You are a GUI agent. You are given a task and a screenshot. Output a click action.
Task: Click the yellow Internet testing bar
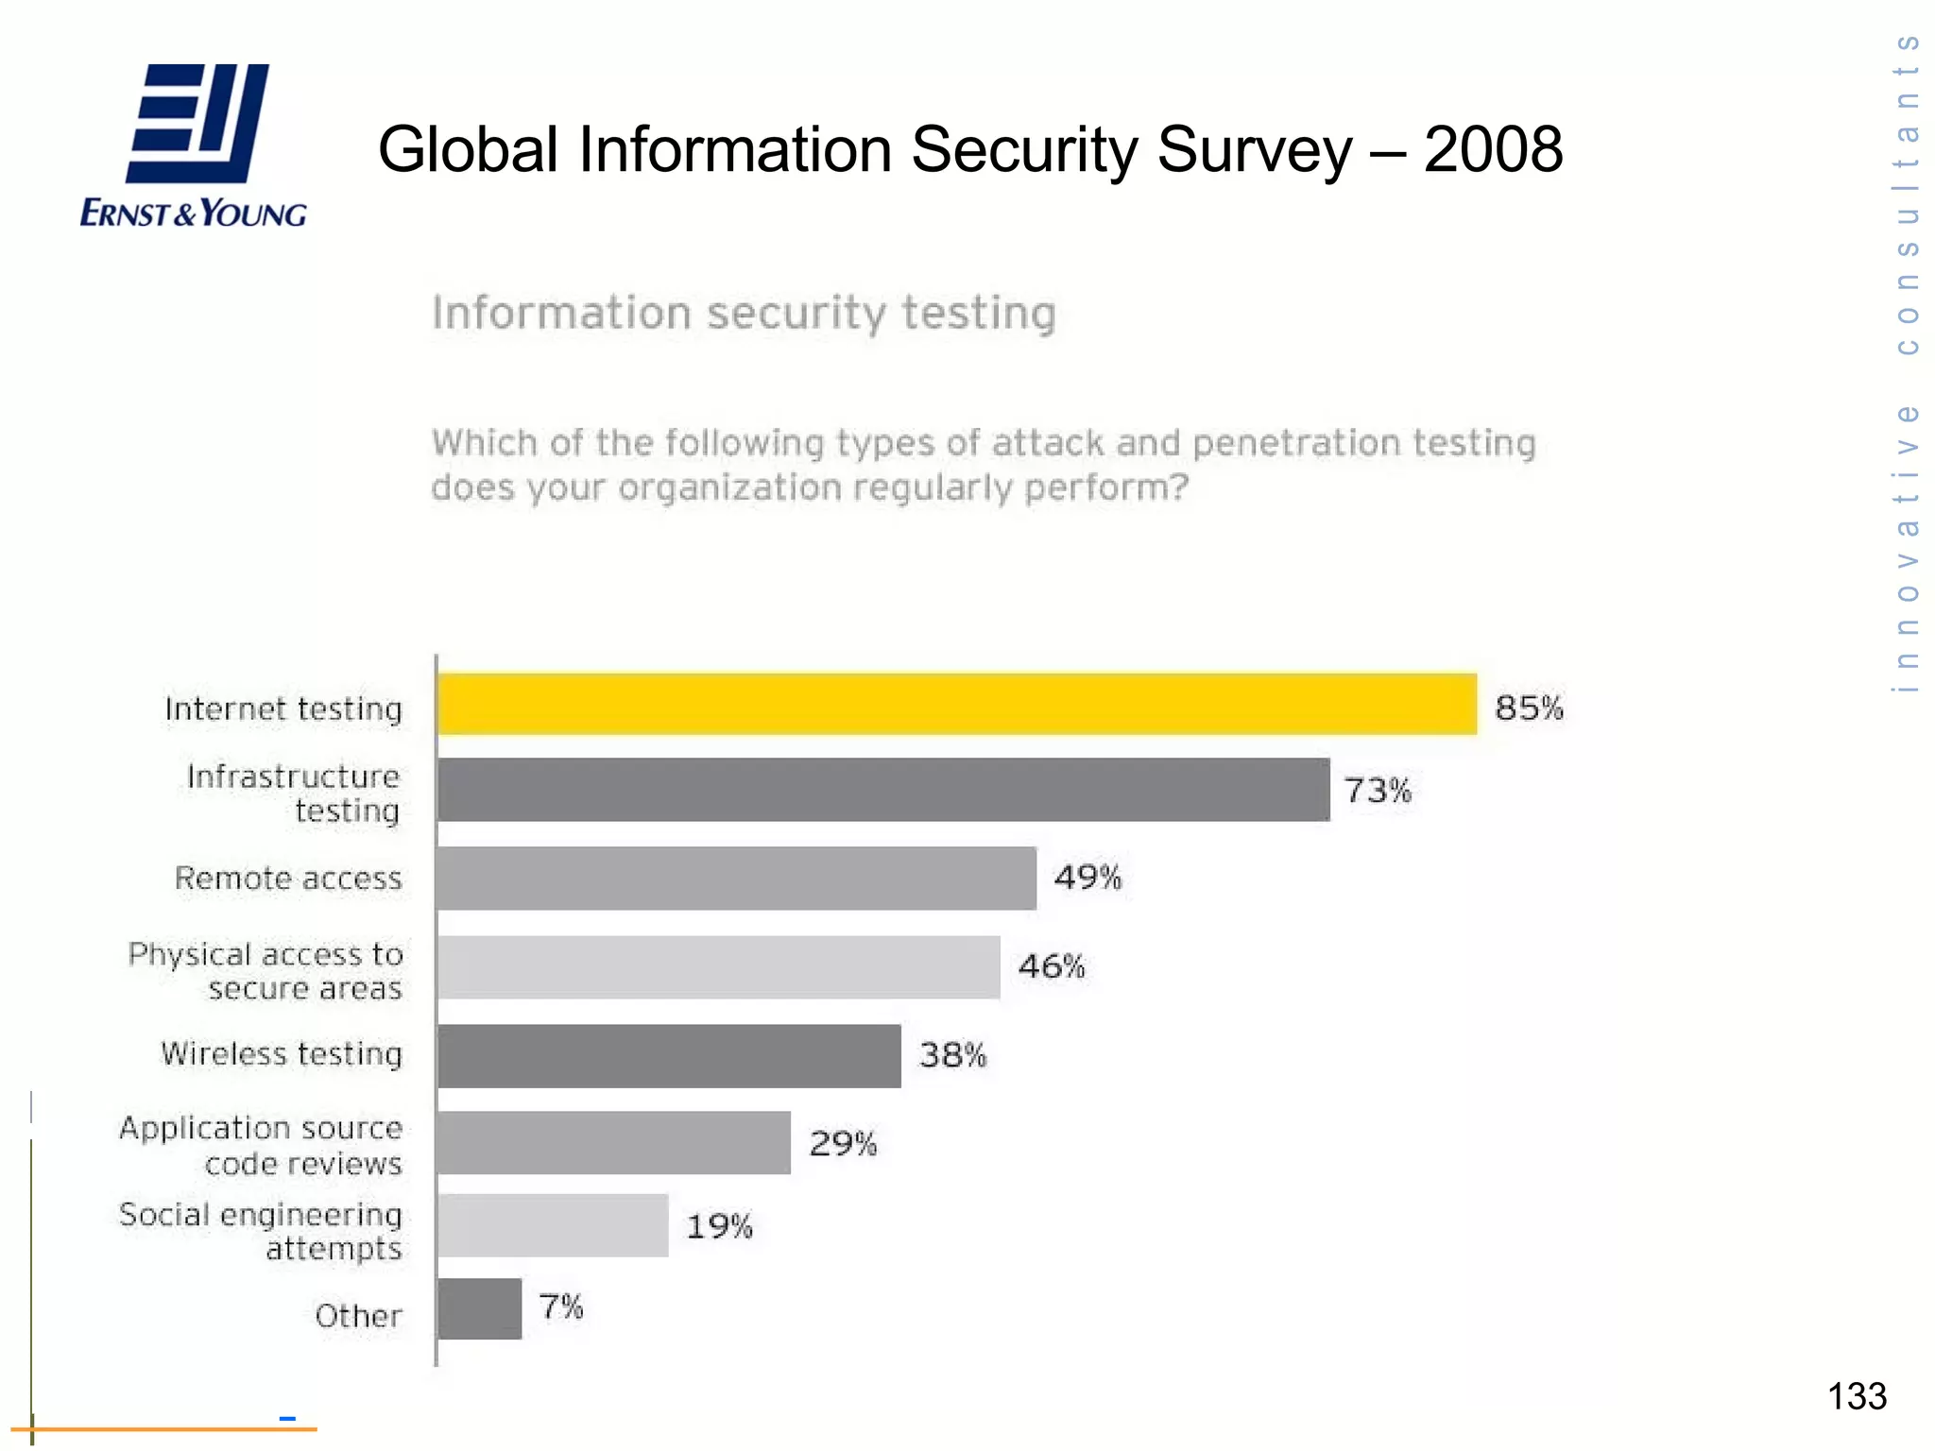(956, 704)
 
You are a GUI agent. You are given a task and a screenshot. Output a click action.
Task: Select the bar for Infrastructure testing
(883, 790)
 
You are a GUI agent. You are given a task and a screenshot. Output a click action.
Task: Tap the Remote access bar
(737, 878)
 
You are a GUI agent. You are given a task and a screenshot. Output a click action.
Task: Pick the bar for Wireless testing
(669, 1055)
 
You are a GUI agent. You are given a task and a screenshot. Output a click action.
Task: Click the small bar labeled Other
(480, 1308)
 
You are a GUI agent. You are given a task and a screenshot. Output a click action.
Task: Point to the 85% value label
(1528, 708)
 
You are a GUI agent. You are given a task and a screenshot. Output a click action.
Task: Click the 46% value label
(1051, 966)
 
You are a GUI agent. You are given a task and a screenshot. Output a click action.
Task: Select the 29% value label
(842, 1144)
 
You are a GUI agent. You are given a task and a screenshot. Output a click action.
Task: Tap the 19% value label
(718, 1226)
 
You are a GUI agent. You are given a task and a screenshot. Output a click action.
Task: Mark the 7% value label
(560, 1307)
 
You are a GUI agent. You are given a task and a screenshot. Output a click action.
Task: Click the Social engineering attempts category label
(261, 1231)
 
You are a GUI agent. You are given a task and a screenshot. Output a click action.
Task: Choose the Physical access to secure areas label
(265, 971)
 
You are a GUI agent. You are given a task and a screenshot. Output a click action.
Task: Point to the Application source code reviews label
(261, 1145)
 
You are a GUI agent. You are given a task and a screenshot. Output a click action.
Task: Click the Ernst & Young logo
(194, 146)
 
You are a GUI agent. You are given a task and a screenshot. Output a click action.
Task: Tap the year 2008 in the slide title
(1492, 149)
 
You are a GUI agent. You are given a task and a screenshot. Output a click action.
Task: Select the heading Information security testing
(744, 313)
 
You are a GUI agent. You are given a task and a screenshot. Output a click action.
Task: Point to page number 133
(1856, 1396)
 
